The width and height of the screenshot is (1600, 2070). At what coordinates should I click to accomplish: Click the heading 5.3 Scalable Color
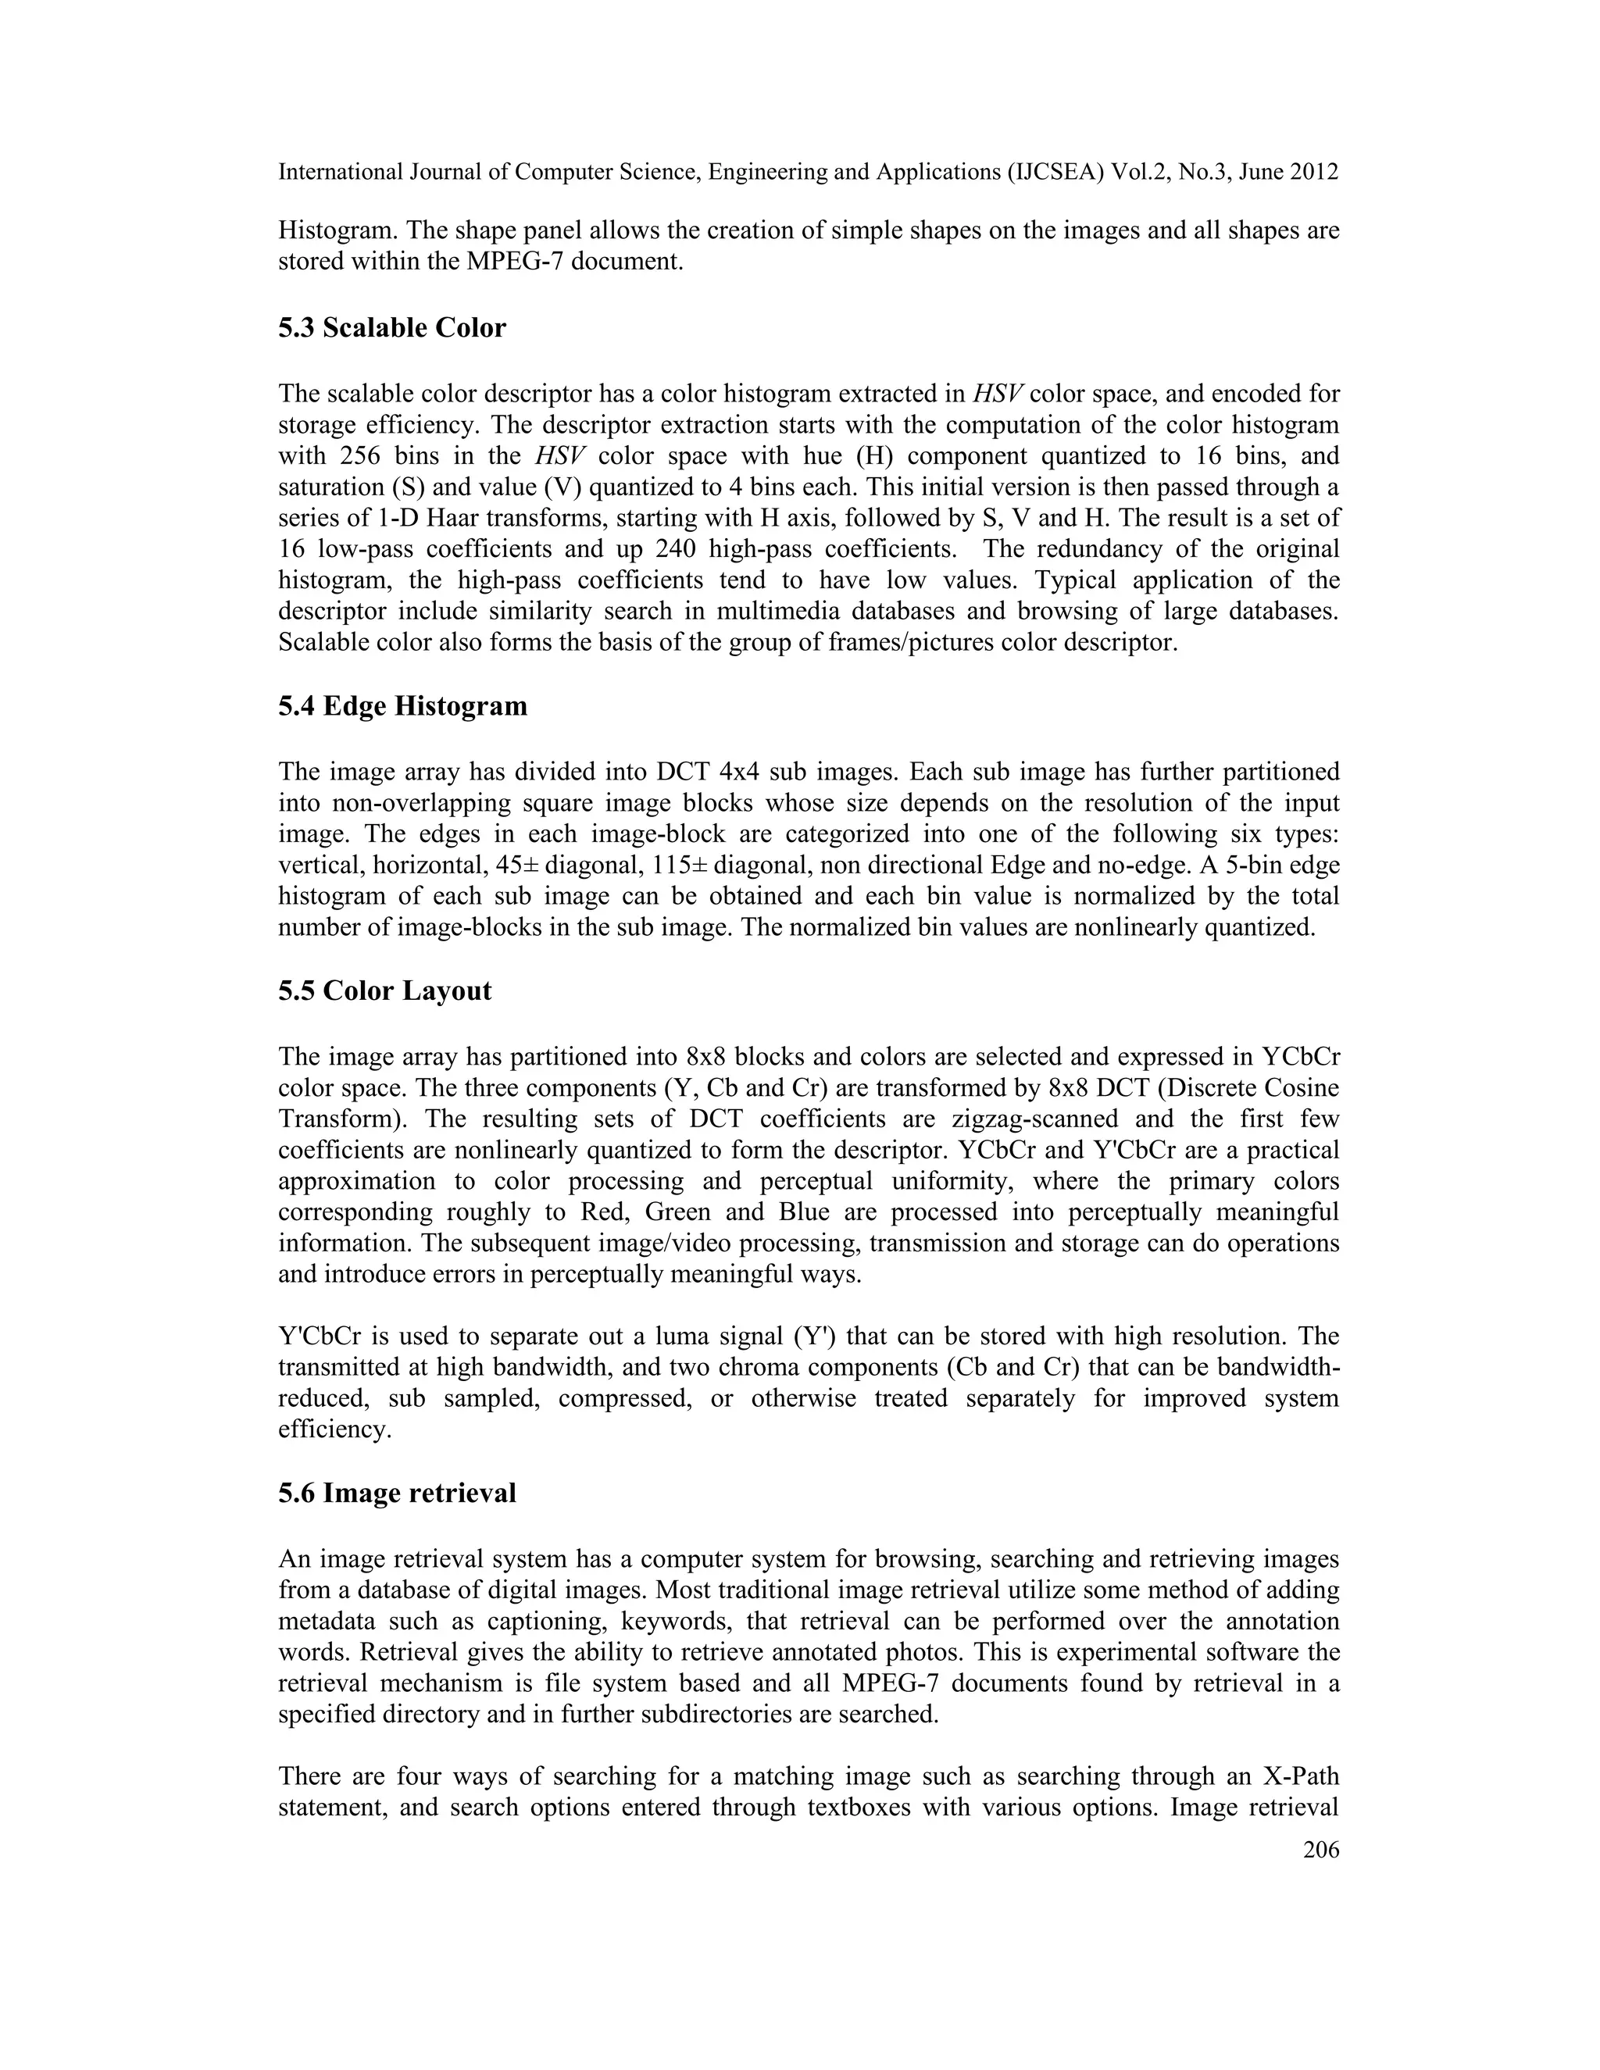[x=391, y=328]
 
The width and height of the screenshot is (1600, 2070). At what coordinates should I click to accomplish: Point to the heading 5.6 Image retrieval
[x=396, y=1493]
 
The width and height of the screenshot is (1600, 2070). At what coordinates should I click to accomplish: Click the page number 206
[x=1320, y=1848]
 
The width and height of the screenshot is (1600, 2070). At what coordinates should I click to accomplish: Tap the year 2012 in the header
[x=1311, y=172]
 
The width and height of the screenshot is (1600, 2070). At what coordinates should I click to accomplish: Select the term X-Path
[x=1293, y=1776]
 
